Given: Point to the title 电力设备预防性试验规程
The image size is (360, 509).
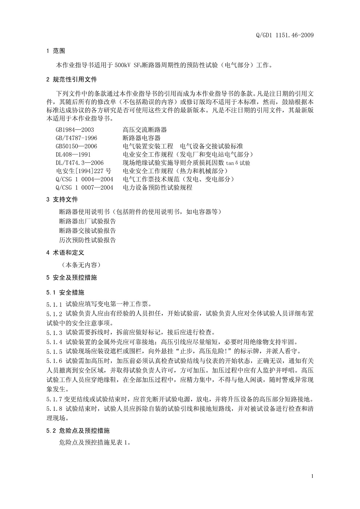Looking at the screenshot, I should [x=157, y=188].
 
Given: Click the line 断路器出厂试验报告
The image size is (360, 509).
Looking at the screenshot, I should [x=87, y=221].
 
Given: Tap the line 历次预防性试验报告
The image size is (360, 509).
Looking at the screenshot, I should [x=87, y=240].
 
